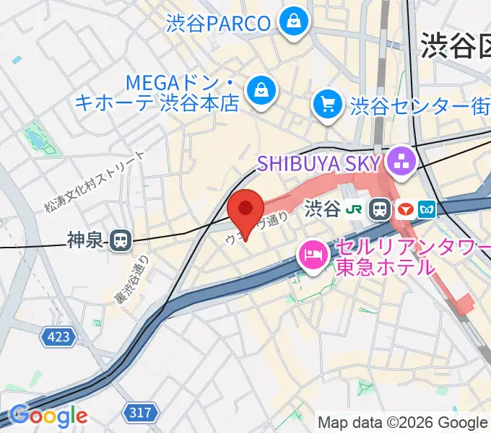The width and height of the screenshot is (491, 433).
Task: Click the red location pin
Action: click(x=246, y=209)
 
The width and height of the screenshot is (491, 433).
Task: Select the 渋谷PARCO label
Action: click(x=217, y=22)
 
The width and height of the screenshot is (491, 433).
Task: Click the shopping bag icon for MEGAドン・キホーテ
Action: click(x=258, y=89)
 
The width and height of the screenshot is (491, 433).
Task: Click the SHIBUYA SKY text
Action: click(x=323, y=162)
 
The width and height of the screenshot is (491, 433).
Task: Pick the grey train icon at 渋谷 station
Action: click(x=378, y=210)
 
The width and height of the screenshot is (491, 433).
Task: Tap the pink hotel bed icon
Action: click(x=314, y=254)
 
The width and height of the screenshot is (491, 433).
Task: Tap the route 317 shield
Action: click(x=141, y=412)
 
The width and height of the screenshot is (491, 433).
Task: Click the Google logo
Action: click(x=48, y=415)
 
